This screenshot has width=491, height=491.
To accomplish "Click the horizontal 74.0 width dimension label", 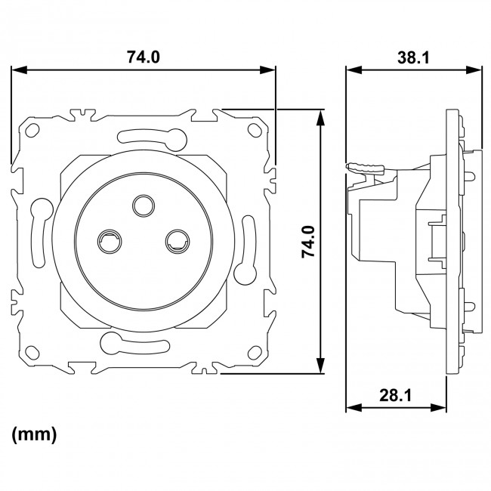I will click(144, 57).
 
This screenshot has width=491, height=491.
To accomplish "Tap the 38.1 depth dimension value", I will click(414, 57).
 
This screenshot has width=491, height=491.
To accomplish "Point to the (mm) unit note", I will click(34, 435).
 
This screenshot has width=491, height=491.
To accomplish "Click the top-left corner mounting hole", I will click(32, 131).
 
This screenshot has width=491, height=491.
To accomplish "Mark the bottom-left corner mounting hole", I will click(32, 352).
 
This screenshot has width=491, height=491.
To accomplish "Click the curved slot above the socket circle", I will click(151, 137).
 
